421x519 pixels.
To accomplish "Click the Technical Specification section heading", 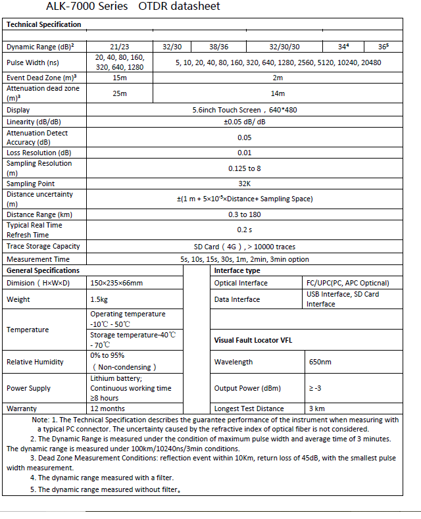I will coord(43,24).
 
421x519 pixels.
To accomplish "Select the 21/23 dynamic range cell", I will coord(119,47).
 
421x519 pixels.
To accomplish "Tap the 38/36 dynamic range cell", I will coord(218,47).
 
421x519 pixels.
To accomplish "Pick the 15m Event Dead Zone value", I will coord(119,78).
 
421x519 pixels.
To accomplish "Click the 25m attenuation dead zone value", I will coord(119,93).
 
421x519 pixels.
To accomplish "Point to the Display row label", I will coord(18,110).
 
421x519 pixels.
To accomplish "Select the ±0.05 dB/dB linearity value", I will coord(244,122).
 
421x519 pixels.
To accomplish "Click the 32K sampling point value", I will coord(244,184).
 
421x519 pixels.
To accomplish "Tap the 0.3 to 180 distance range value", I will coord(244,214).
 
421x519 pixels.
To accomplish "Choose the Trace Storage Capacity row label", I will coord(43,246).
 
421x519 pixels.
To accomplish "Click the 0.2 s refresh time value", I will coord(244,230).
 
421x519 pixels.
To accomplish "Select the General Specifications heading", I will coord(43,270).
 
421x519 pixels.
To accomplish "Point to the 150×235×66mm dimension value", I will coord(116,283).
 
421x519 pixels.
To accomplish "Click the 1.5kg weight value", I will coord(99,299).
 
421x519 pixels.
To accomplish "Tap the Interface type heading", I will coord(237,270).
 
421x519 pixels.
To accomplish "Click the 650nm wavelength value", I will coord(320,362).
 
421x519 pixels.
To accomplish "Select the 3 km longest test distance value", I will coord(316,408).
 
